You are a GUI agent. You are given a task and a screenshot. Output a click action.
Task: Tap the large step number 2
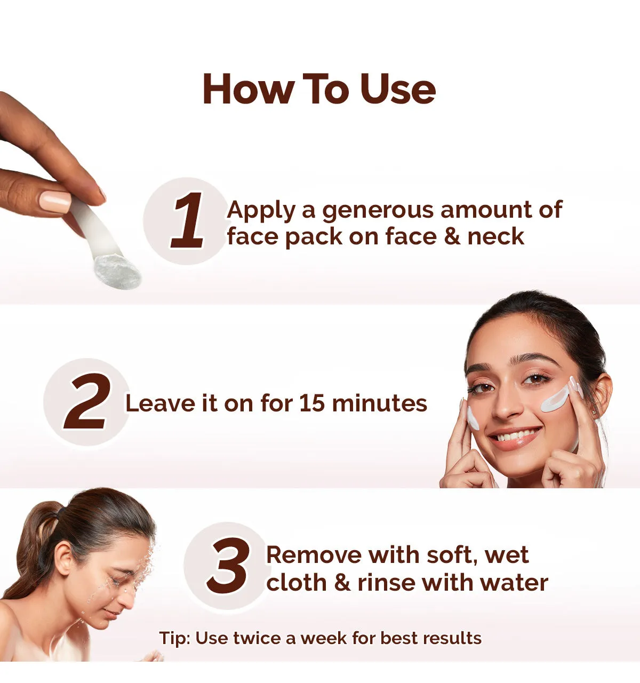point(89,401)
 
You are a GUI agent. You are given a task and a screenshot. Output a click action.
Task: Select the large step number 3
point(228,566)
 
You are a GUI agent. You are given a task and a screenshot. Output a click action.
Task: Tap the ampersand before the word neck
point(452,236)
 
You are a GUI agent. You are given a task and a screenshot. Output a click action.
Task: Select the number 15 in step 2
point(312,403)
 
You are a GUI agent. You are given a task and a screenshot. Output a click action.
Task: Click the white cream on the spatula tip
point(118,272)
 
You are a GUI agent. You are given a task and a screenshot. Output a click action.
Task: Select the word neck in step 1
point(495,236)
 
